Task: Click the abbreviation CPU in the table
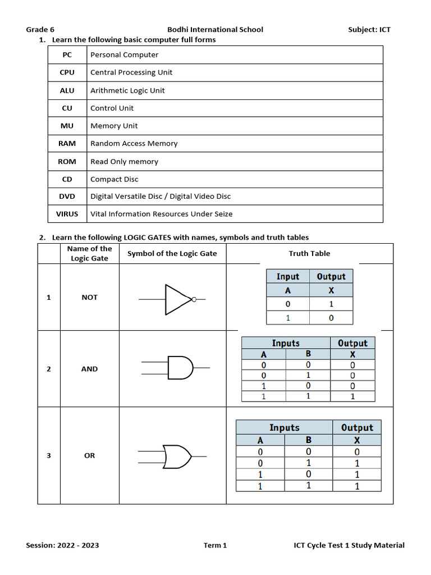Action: click(67, 72)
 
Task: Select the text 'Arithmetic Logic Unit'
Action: click(127, 90)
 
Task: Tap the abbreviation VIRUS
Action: click(67, 214)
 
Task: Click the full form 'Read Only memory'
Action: click(124, 162)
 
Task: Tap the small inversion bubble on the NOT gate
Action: click(194, 299)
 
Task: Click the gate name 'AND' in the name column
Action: click(89, 369)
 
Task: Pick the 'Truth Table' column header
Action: click(309, 253)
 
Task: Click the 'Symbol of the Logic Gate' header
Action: click(172, 253)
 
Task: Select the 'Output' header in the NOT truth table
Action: click(331, 276)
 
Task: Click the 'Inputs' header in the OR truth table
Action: click(285, 427)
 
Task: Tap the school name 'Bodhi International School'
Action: click(215, 30)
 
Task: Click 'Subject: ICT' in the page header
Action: click(369, 30)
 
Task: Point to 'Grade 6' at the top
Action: click(40, 30)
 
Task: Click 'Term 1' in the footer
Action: click(215, 545)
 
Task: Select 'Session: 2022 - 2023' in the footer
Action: click(62, 545)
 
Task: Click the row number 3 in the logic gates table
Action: click(49, 455)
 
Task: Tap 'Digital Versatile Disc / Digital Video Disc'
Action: click(161, 197)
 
